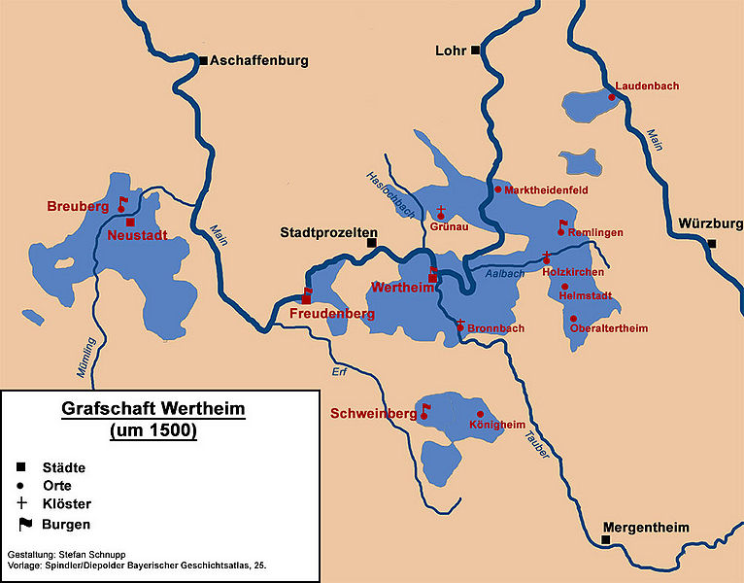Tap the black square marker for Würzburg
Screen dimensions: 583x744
[x=712, y=244]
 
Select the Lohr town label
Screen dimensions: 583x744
[x=454, y=50]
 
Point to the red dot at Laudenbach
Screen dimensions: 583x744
[x=612, y=96]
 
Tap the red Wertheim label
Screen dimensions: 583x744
[x=398, y=288]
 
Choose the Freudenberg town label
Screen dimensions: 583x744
[x=333, y=314]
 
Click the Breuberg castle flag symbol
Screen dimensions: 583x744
[x=122, y=203]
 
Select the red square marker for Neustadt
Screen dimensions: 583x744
[x=130, y=223]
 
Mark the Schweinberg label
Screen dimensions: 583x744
[x=373, y=414]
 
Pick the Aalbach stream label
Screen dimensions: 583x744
[x=505, y=274]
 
